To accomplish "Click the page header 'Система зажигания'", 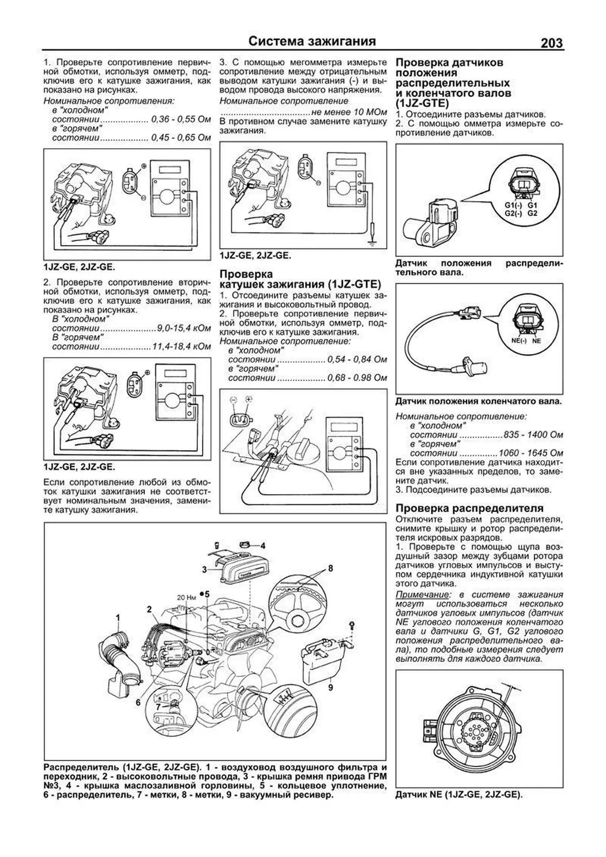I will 313,41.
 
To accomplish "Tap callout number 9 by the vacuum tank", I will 330,686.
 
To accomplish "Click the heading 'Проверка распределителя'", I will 469,508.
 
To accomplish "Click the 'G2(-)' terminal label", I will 513,213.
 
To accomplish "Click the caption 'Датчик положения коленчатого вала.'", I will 478,402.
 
